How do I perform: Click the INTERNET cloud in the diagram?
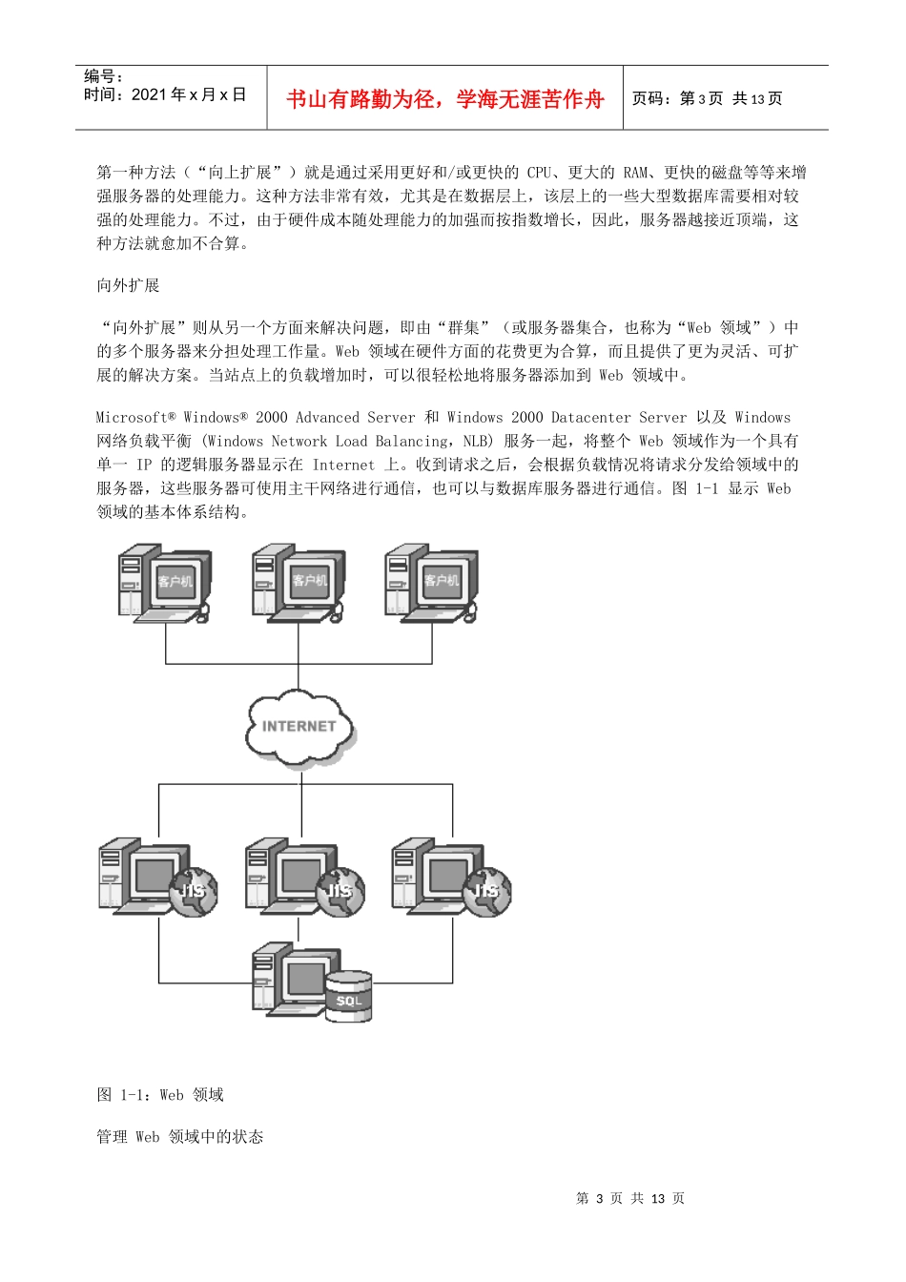tap(299, 728)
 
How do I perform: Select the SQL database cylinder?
tap(348, 996)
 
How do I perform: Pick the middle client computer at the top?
tap(298, 583)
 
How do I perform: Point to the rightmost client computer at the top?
tap(431, 583)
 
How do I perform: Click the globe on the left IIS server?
tap(194, 891)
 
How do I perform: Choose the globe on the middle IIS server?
tap(340, 891)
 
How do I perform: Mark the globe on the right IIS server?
tap(487, 891)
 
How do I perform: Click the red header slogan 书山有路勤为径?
tap(444, 99)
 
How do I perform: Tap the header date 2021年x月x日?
tap(189, 94)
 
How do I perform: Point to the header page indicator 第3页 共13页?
tap(707, 98)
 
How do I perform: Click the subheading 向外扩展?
tap(128, 285)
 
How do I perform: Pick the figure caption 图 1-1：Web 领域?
tap(160, 1094)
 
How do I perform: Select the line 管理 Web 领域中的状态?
tap(179, 1136)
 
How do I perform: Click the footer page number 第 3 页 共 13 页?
tap(630, 1198)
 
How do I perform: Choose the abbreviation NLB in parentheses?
tap(476, 441)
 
